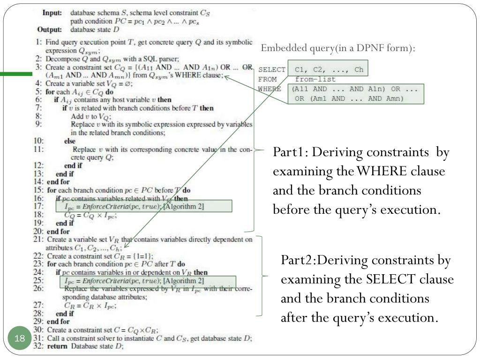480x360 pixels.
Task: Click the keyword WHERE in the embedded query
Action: pos(267,89)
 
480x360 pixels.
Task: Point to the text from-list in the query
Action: pos(315,79)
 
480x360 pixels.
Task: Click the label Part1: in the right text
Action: pos(290,152)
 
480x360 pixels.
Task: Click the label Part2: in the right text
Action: pos(298,259)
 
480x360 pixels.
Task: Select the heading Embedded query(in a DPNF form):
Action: pos(338,48)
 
